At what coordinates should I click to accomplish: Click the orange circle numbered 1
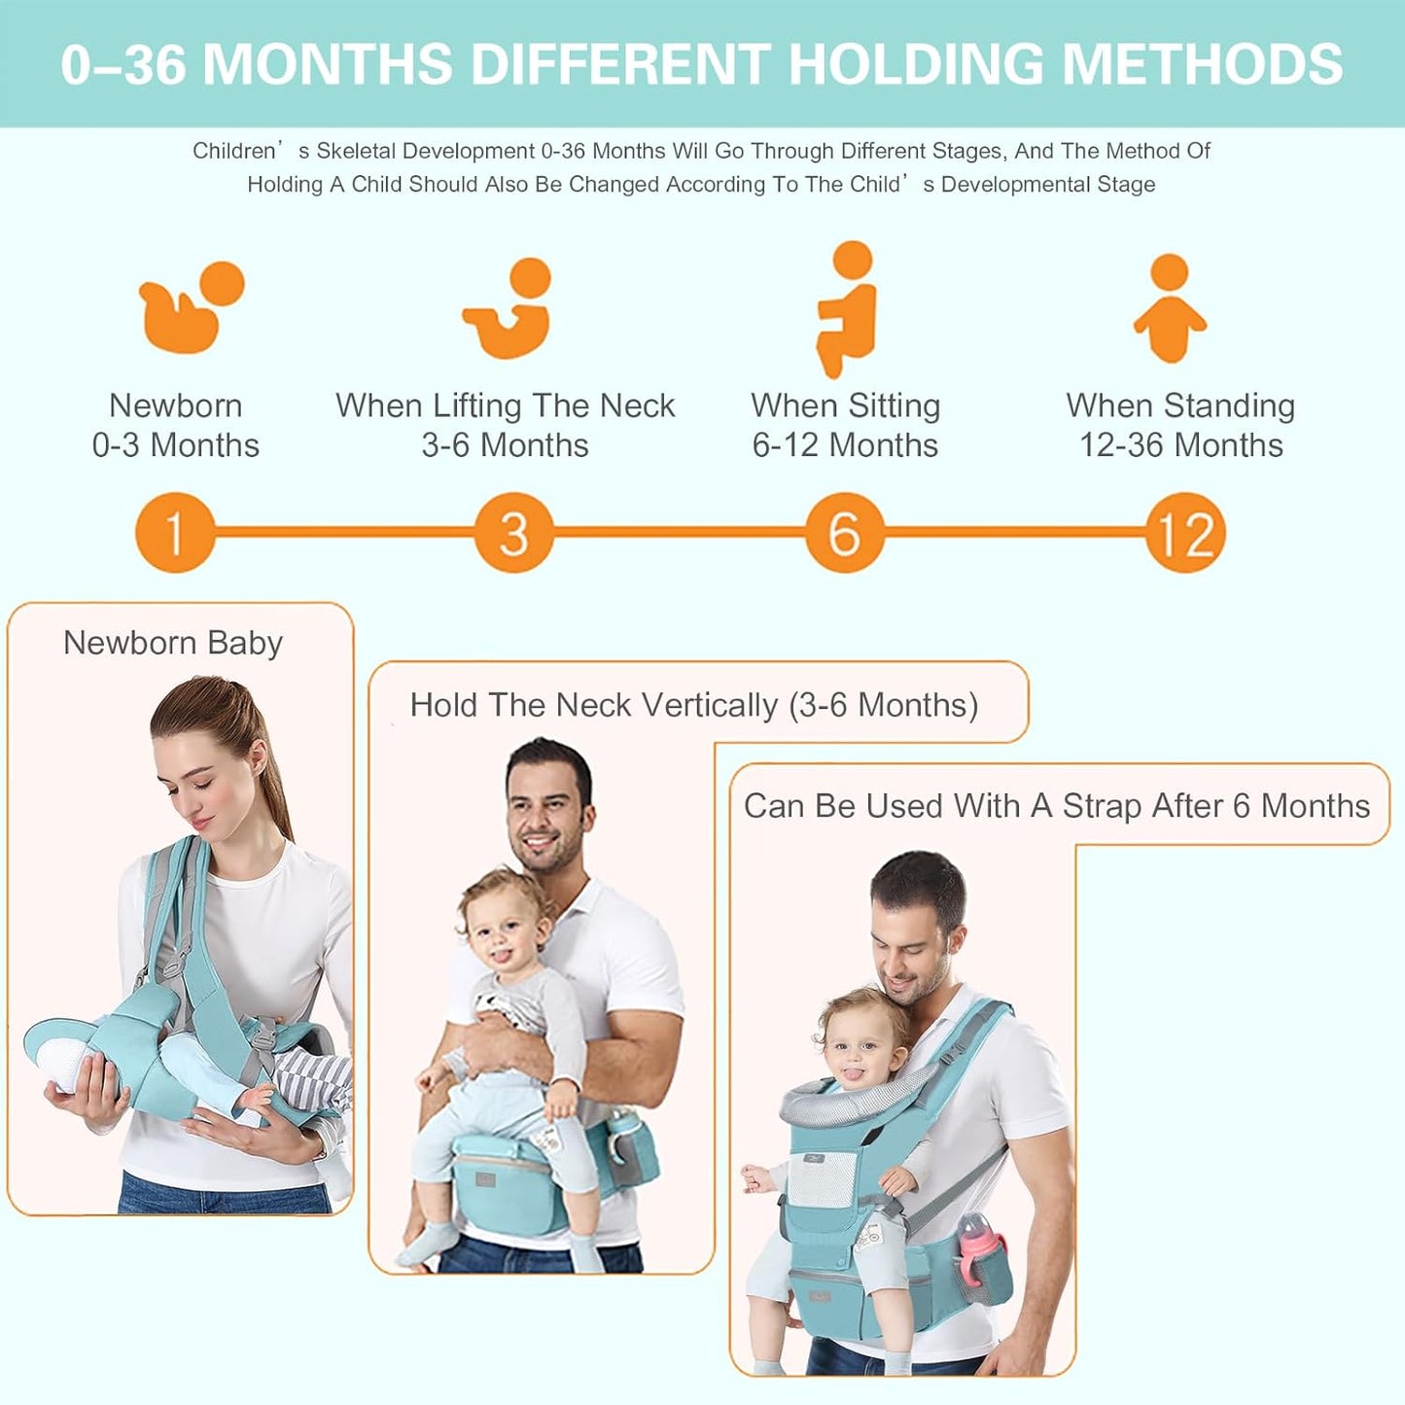pos(174,533)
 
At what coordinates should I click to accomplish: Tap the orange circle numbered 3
pos(513,533)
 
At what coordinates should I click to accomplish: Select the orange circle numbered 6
pos(844,533)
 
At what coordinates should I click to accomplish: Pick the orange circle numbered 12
pos(1185,533)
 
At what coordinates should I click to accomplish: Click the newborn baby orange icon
pos(191,307)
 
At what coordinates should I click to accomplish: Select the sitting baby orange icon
pos(847,309)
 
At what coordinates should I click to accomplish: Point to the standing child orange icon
pos(1170,309)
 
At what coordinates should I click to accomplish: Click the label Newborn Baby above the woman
pos(173,643)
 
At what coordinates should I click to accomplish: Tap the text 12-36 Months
pos(1180,445)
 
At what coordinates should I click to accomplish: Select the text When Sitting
pos(845,405)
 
